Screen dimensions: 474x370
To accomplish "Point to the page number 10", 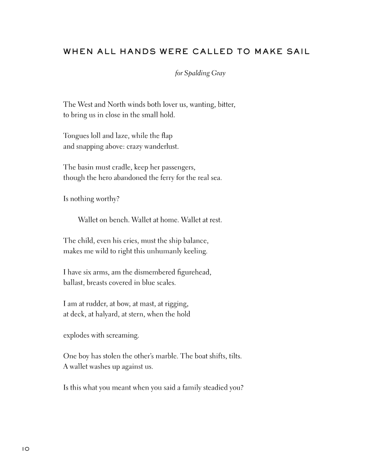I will coord(26,449).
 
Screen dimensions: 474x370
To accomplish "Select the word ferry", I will coord(166,178).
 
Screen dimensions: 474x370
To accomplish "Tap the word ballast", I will coord(73,283).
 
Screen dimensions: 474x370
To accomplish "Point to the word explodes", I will coord(76,335).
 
